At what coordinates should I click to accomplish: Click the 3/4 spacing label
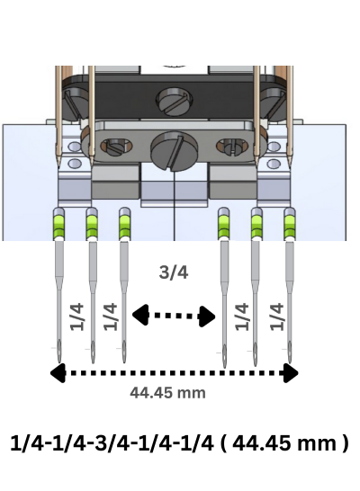(174, 272)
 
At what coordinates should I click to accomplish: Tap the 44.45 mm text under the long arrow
(167, 393)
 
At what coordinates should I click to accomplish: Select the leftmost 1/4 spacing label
(77, 317)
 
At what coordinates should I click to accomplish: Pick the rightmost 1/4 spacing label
(276, 317)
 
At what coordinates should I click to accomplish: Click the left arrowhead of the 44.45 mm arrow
(58, 372)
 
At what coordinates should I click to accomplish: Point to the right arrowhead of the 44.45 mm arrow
(291, 372)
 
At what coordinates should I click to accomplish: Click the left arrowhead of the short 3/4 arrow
(140, 315)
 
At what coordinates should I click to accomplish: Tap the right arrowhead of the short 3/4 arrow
(208, 317)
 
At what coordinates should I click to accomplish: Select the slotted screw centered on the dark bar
(175, 101)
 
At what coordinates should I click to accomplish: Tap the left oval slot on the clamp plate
(116, 147)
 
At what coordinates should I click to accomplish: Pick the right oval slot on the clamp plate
(232, 147)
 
